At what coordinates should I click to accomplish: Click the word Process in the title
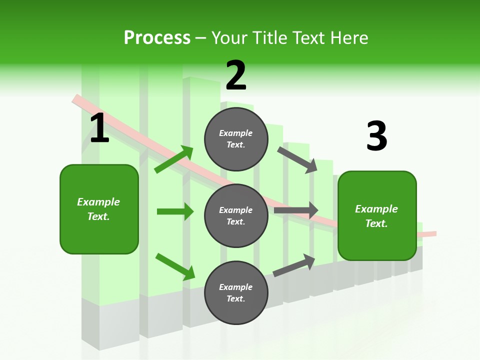coord(157,38)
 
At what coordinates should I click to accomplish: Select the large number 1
coord(99,128)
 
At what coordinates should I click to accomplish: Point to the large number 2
coord(236,75)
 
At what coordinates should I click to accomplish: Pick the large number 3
coord(376,136)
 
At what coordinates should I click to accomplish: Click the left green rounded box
coord(99,209)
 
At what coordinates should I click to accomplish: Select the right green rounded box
coord(377,215)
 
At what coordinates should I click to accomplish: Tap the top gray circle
coord(236,139)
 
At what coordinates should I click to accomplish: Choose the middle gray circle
coord(236,215)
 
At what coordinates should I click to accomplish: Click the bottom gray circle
coord(236,292)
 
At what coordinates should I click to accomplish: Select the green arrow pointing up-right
coord(174,159)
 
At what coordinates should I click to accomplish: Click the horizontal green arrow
coord(175,211)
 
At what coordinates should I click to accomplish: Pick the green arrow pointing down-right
coord(175,266)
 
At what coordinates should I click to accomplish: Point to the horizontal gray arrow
coord(296,210)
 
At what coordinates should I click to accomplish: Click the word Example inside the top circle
coord(236,133)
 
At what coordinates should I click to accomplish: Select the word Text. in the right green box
coord(376,223)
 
